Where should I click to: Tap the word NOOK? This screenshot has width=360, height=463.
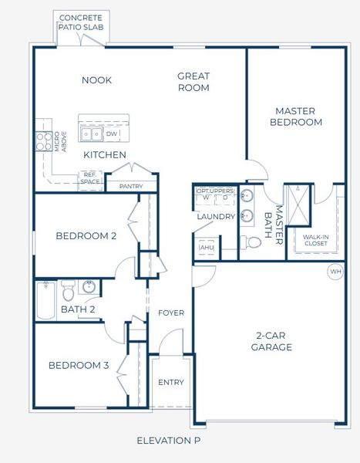point(97,79)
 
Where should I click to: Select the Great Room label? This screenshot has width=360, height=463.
point(193,82)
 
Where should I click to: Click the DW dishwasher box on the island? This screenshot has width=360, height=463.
point(112,134)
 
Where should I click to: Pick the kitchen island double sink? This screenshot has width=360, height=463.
point(92,134)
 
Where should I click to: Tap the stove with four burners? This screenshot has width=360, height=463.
point(42,140)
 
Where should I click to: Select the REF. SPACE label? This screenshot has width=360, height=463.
point(91,178)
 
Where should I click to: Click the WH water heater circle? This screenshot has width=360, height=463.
point(335,272)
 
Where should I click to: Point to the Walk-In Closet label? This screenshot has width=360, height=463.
point(315,240)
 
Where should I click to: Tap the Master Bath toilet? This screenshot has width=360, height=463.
point(252,242)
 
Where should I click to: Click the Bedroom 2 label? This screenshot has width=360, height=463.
point(86,236)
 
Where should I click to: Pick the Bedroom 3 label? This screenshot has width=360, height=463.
point(79,365)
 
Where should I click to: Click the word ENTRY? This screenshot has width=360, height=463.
point(170,382)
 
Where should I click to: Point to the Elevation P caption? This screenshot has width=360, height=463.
point(168,441)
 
